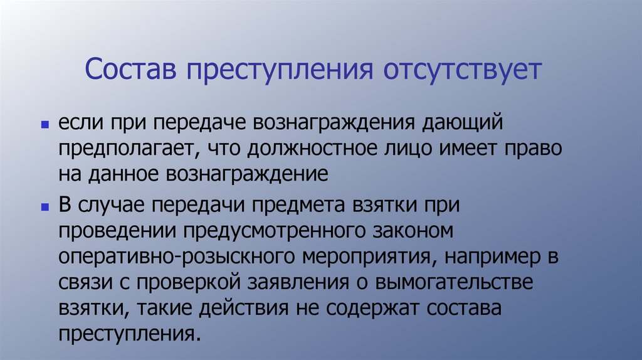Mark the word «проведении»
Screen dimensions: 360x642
point(116,230)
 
